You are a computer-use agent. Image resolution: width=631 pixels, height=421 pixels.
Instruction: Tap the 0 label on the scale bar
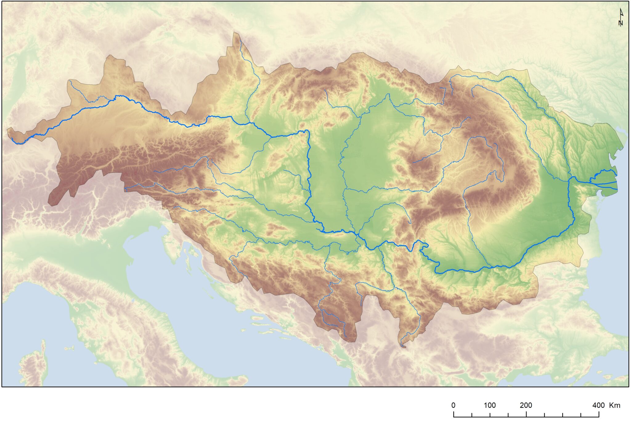pos(453,405)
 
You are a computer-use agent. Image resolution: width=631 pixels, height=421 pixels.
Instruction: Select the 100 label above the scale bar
pos(490,405)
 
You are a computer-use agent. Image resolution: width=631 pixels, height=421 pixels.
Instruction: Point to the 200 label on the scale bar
pos(526,405)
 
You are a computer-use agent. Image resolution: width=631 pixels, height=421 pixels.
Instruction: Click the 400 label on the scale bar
pos(598,405)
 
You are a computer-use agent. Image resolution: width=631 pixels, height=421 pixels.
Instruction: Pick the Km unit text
pos(615,405)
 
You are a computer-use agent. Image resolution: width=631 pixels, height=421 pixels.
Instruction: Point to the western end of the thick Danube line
pos(12,138)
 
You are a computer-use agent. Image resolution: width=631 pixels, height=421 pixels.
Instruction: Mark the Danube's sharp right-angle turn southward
pos(307,131)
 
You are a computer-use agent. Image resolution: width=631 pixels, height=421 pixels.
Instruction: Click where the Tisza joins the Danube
pos(357,234)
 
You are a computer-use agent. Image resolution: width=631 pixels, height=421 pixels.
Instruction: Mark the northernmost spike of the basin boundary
pos(236,32)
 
